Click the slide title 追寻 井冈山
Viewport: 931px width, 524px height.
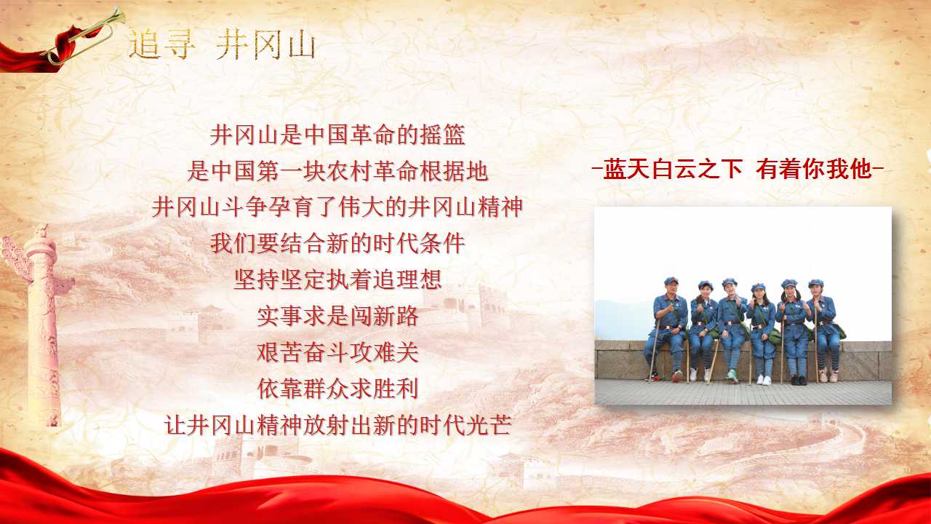222,46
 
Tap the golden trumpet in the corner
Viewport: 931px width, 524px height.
84,36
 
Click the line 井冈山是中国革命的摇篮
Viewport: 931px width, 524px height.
337,135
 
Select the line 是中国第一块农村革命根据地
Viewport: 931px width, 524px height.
337,171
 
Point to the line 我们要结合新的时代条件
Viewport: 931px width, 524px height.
337,243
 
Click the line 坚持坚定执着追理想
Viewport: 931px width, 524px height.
337,279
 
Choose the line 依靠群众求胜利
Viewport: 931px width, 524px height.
337,389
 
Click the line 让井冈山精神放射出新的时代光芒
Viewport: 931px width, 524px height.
337,425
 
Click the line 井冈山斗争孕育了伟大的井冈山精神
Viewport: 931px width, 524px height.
337,207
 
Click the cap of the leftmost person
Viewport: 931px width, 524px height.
671,281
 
